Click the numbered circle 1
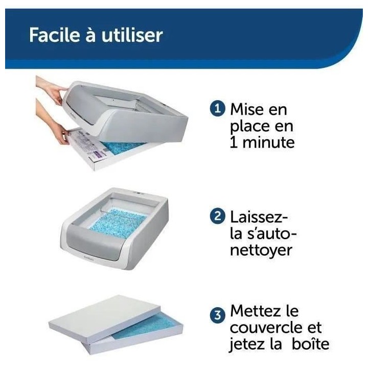point(218,109)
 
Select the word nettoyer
point(262,250)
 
